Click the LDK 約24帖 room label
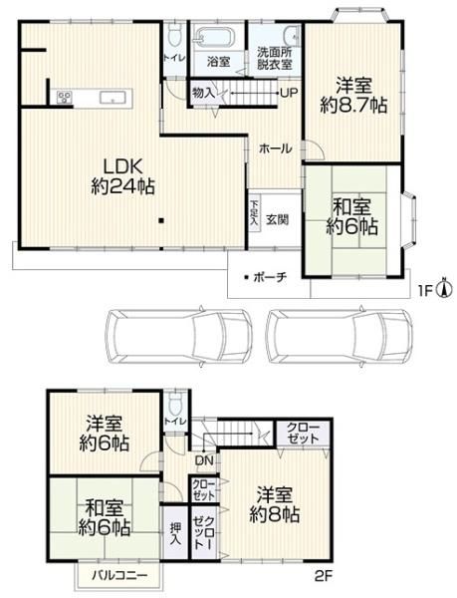[x=123, y=177]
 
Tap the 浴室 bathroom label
[x=219, y=62]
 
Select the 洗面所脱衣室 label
[x=275, y=58]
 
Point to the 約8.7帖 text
[x=353, y=106]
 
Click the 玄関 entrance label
[x=277, y=219]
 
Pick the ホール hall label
[x=276, y=149]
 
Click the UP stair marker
[x=289, y=93]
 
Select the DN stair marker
[x=204, y=460]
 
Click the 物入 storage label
[x=203, y=93]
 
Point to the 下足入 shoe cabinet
[x=254, y=213]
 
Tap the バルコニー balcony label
[x=119, y=575]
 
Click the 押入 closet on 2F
[x=175, y=533]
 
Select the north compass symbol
[x=446, y=288]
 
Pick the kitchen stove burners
[x=65, y=97]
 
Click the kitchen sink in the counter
[x=113, y=98]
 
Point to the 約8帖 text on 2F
[x=274, y=515]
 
